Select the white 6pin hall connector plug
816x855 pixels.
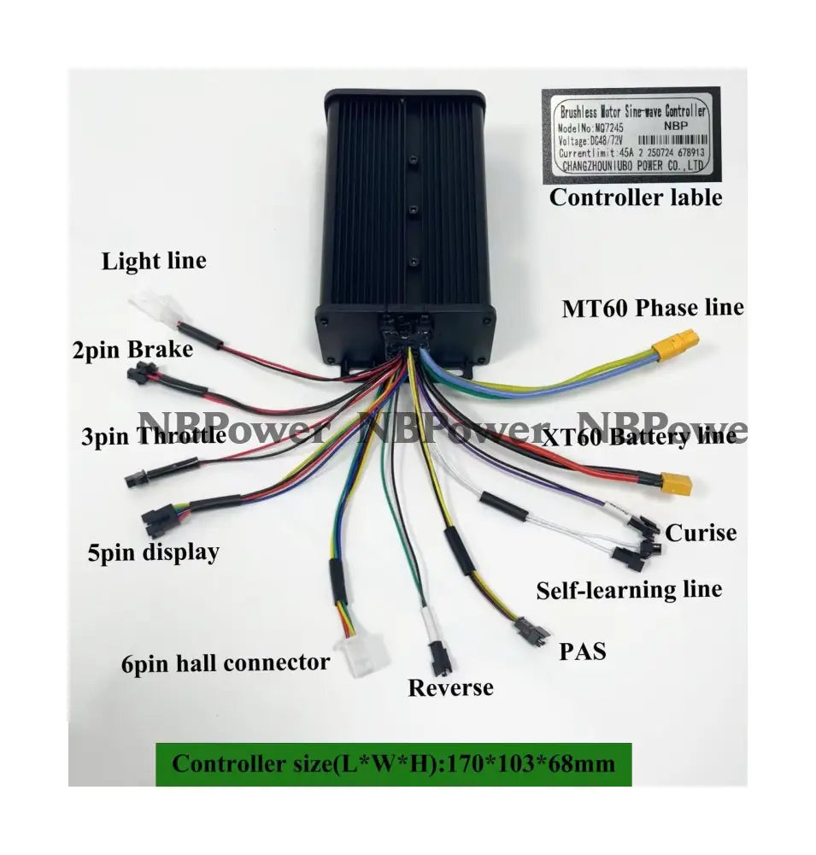coord(361,656)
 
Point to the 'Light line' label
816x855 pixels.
coord(154,261)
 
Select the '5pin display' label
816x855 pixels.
coord(153,552)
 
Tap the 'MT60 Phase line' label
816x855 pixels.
coord(652,307)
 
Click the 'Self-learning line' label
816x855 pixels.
coord(628,589)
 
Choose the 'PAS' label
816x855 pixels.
coord(582,652)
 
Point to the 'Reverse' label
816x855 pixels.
coord(450,687)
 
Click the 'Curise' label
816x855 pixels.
coord(701,533)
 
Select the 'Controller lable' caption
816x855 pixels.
coord(635,198)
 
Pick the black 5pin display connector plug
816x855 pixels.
coord(157,518)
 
